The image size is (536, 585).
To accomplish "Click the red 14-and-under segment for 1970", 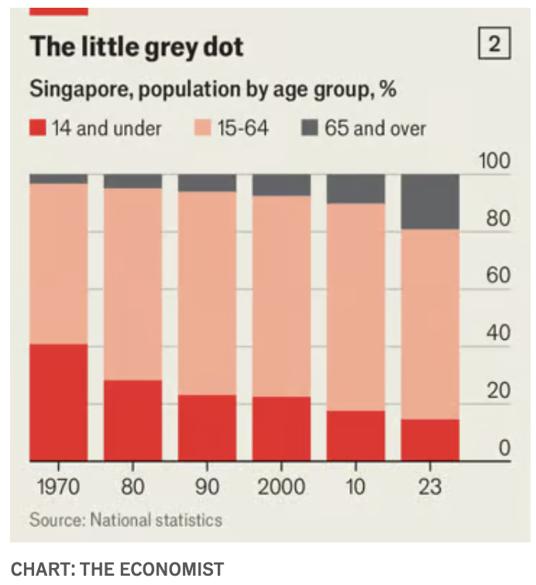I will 58,402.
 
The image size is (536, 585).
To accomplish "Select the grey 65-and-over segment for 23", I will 430,202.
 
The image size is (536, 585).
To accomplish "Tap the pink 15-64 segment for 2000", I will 281,296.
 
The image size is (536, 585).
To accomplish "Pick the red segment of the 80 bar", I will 132,420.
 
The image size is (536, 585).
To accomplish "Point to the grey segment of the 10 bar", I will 356,189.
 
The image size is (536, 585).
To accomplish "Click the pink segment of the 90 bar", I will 207,292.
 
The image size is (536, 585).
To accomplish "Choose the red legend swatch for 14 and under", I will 38,128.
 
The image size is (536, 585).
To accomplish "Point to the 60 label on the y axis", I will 499,276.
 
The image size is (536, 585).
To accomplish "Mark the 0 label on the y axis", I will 504,448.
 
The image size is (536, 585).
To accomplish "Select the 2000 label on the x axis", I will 280,487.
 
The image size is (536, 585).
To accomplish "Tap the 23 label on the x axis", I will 430,487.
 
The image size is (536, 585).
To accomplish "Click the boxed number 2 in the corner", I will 495,46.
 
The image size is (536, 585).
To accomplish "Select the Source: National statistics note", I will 125,519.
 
